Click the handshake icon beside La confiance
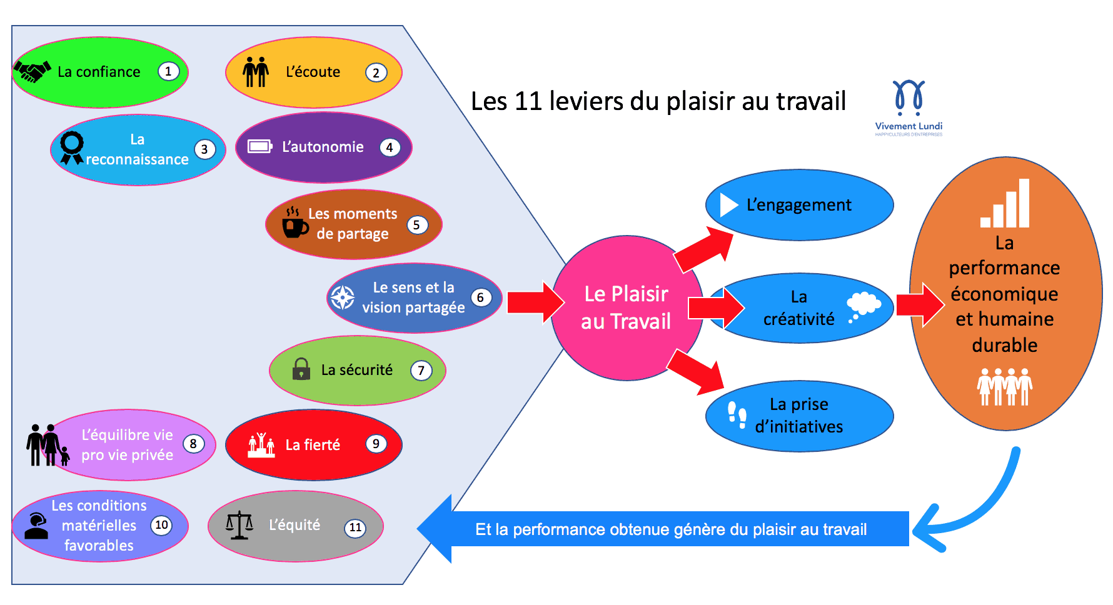32,72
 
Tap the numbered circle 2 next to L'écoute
376,72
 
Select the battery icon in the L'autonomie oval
259,147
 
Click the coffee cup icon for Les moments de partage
295,223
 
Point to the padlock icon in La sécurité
301,369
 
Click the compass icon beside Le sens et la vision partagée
343,297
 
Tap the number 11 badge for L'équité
355,527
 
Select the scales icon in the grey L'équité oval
239,526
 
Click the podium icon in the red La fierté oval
261,445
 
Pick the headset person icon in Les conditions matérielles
37,526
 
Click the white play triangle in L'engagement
728,205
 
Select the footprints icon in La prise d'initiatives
737,415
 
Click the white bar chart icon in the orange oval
1005,204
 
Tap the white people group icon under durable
1005,387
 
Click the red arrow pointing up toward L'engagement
703,249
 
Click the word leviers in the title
587,101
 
